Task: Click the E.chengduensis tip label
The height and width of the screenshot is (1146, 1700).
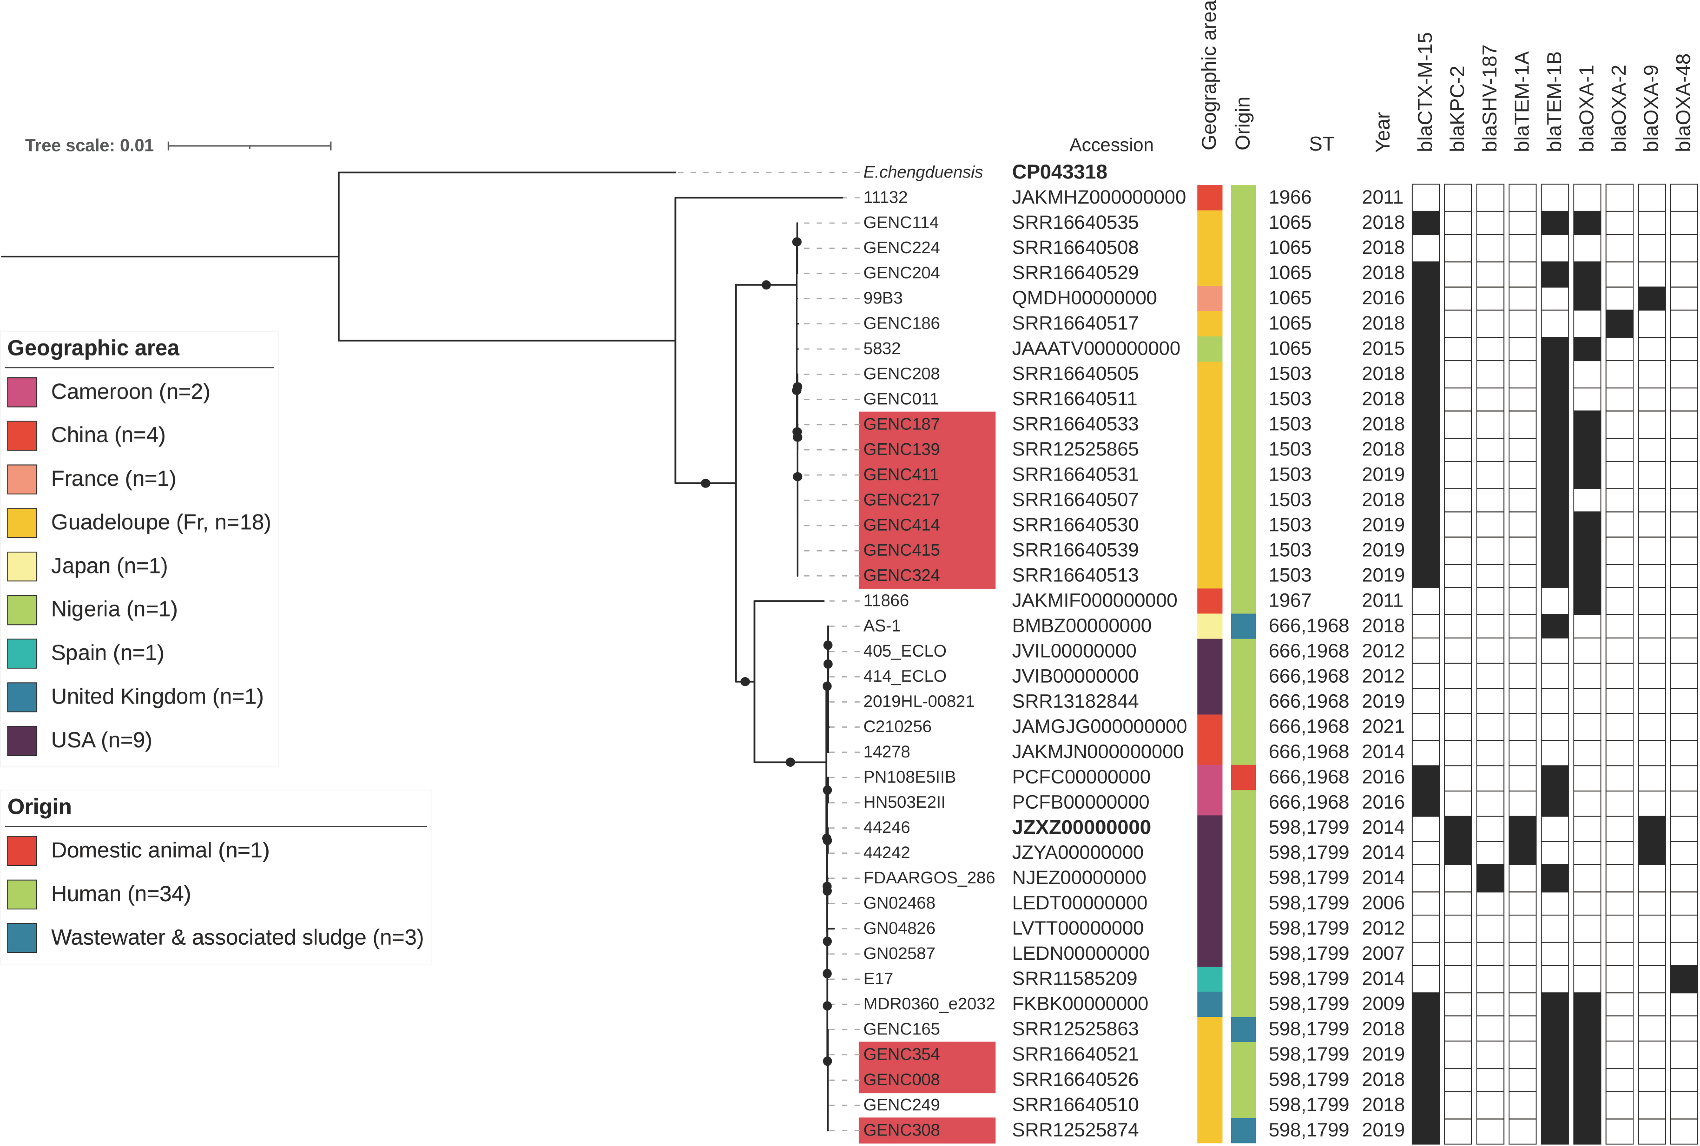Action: pos(922,172)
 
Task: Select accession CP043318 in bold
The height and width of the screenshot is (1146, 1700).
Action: pos(1059,172)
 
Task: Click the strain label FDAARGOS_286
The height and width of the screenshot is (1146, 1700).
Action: pos(928,878)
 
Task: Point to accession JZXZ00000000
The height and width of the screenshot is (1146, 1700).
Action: pos(1081,827)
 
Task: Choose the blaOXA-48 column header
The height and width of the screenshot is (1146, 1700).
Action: pos(1683,102)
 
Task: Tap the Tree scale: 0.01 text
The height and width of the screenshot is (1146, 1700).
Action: pos(89,145)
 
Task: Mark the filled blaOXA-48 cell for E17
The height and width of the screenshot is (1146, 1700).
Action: pos(1683,979)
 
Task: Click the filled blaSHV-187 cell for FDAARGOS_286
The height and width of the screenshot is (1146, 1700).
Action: pos(1489,878)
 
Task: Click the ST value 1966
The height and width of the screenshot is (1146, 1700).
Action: pos(1290,197)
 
